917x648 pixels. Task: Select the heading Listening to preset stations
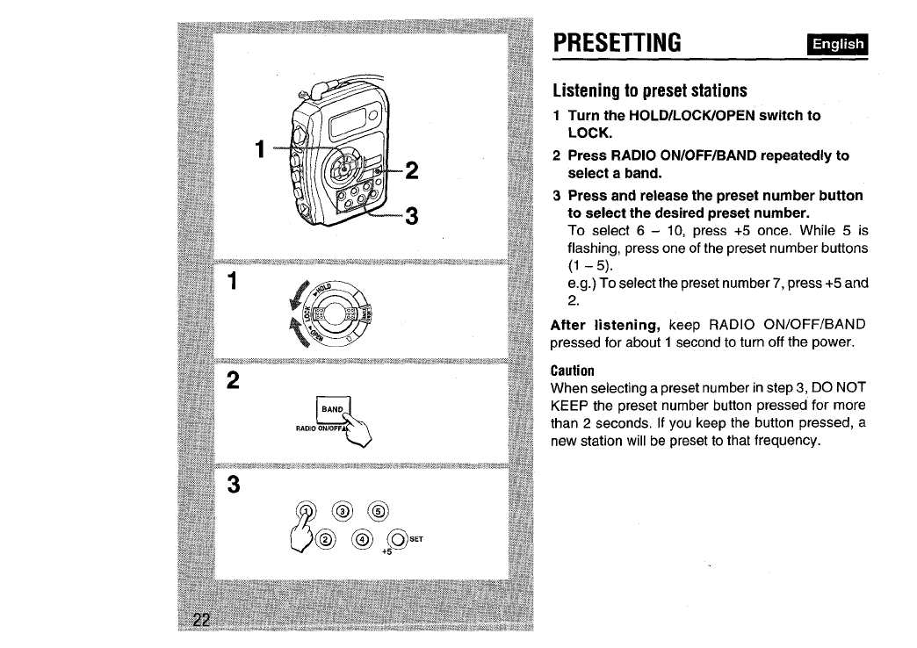pos(649,90)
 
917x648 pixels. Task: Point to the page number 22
pos(202,621)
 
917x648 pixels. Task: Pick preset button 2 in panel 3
pos(321,538)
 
